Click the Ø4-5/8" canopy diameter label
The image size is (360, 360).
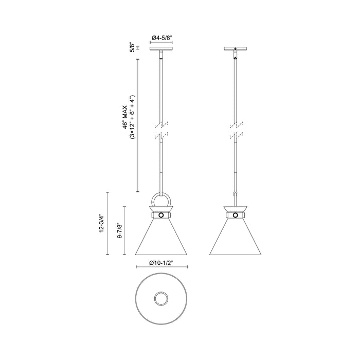[161, 38]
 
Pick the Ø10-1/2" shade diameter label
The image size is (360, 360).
[161, 262]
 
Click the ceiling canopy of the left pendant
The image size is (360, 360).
[161, 49]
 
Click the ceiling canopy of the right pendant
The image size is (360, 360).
[236, 49]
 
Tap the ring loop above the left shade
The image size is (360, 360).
[161, 199]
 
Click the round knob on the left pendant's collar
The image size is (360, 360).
[161, 215]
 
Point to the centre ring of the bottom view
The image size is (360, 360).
[161, 298]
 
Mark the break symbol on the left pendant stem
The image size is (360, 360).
[161, 130]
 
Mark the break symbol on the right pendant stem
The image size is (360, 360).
[236, 130]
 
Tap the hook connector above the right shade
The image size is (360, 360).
[236, 194]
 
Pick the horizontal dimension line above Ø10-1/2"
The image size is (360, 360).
[161, 267]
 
